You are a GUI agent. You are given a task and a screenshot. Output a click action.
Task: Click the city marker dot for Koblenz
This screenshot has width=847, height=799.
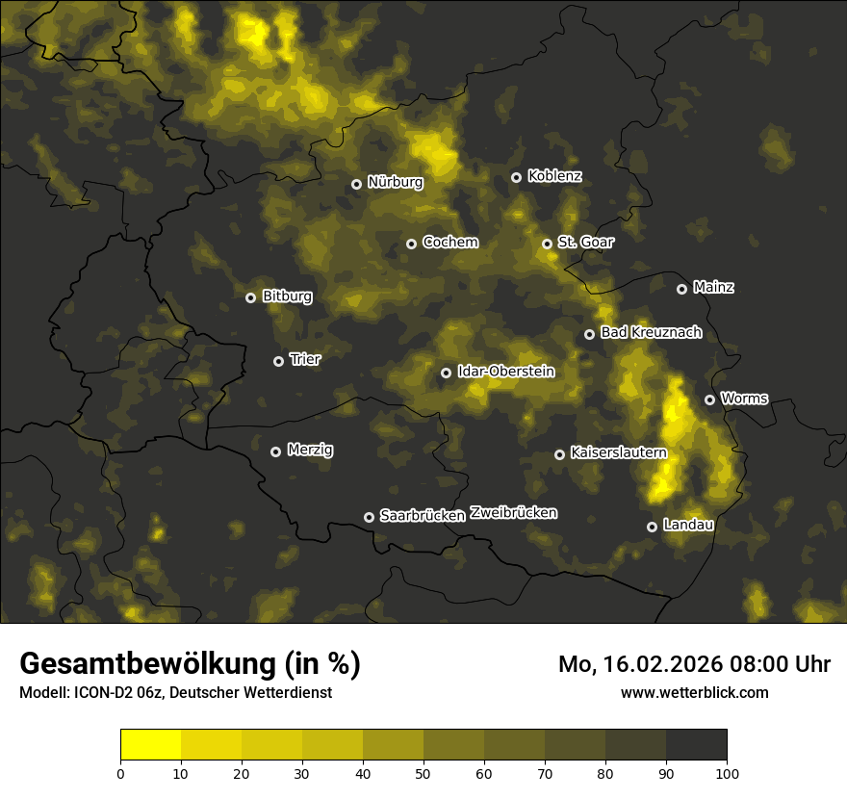pyautogui.click(x=516, y=177)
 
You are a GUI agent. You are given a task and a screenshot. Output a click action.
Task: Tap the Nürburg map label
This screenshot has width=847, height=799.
pyautogui.click(x=395, y=182)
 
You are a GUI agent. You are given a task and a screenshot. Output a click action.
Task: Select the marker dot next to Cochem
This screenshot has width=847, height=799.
pyautogui.click(x=411, y=244)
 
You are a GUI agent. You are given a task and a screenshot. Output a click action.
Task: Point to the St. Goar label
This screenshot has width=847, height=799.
pyautogui.click(x=585, y=242)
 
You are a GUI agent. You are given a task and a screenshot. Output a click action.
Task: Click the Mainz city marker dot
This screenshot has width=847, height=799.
pyautogui.click(x=681, y=289)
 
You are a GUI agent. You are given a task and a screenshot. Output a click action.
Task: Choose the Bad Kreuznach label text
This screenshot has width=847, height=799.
pyautogui.click(x=651, y=332)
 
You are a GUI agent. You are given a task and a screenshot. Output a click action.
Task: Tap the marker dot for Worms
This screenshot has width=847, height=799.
pyautogui.click(x=709, y=399)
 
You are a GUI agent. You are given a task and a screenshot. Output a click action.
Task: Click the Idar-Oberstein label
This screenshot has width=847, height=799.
pyautogui.click(x=505, y=371)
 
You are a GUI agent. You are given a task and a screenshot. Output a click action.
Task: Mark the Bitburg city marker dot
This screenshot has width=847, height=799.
pyautogui.click(x=251, y=297)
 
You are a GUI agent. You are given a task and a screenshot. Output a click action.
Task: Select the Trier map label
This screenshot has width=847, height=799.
pyautogui.click(x=305, y=359)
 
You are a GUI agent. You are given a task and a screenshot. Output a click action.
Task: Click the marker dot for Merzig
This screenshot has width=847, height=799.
pyautogui.click(x=275, y=451)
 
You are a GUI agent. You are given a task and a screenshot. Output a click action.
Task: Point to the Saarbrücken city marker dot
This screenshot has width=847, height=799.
pyautogui.click(x=369, y=517)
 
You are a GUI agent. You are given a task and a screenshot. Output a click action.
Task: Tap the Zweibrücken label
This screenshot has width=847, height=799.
pyautogui.click(x=513, y=513)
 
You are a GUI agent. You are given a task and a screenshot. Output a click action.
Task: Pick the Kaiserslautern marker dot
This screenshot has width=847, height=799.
pyautogui.click(x=559, y=454)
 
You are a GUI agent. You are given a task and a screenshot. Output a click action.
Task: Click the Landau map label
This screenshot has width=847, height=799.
pyautogui.click(x=688, y=525)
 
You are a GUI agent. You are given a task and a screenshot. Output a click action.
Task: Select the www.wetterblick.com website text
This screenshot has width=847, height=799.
pyautogui.click(x=694, y=692)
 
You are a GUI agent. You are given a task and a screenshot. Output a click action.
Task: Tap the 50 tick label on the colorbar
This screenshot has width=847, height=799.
pyautogui.click(x=423, y=773)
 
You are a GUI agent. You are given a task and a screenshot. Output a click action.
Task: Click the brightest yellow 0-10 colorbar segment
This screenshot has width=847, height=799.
pyautogui.click(x=150, y=745)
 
